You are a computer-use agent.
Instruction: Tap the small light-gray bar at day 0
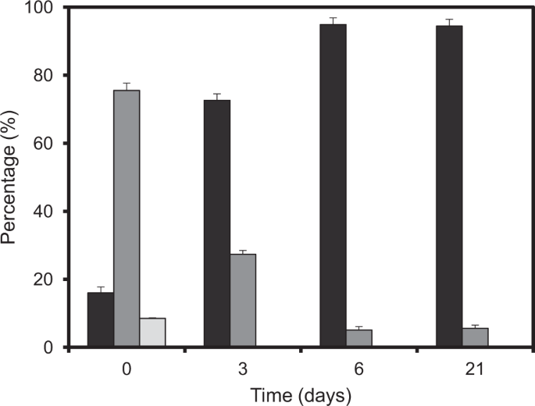(x=152, y=333)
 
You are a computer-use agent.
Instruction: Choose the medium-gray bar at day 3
(x=243, y=301)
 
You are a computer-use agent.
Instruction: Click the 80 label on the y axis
(x=48, y=76)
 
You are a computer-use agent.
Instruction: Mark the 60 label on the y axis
(x=48, y=144)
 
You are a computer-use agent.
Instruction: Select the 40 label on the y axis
(x=48, y=212)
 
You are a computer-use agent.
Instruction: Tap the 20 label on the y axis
(x=48, y=280)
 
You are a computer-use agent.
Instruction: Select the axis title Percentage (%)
(x=11, y=178)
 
